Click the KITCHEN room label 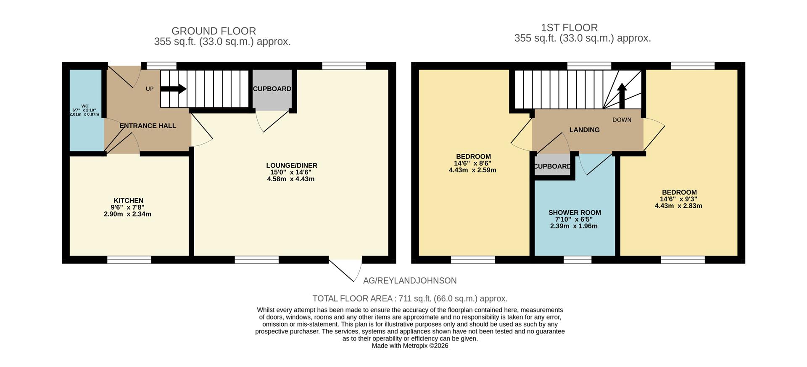pyautogui.click(x=128, y=201)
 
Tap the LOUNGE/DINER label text pyautogui.click(x=291, y=165)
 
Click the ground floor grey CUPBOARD pyautogui.click(x=272, y=89)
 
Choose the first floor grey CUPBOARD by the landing pyautogui.click(x=552, y=166)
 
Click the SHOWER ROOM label pyautogui.click(x=574, y=213)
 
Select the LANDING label pyautogui.click(x=584, y=130)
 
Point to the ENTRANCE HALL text pyautogui.click(x=148, y=126)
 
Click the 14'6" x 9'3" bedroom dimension pyautogui.click(x=678, y=199)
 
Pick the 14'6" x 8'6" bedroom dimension pyautogui.click(x=472, y=164)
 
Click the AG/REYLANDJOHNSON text pyautogui.click(x=409, y=280)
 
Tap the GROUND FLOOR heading pyautogui.click(x=214, y=31)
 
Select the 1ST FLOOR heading pyautogui.click(x=569, y=28)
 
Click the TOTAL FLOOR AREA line pyautogui.click(x=410, y=298)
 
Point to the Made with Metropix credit pyautogui.click(x=410, y=346)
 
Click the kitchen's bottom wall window pyautogui.click(x=129, y=260)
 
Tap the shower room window pyautogui.click(x=577, y=260)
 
